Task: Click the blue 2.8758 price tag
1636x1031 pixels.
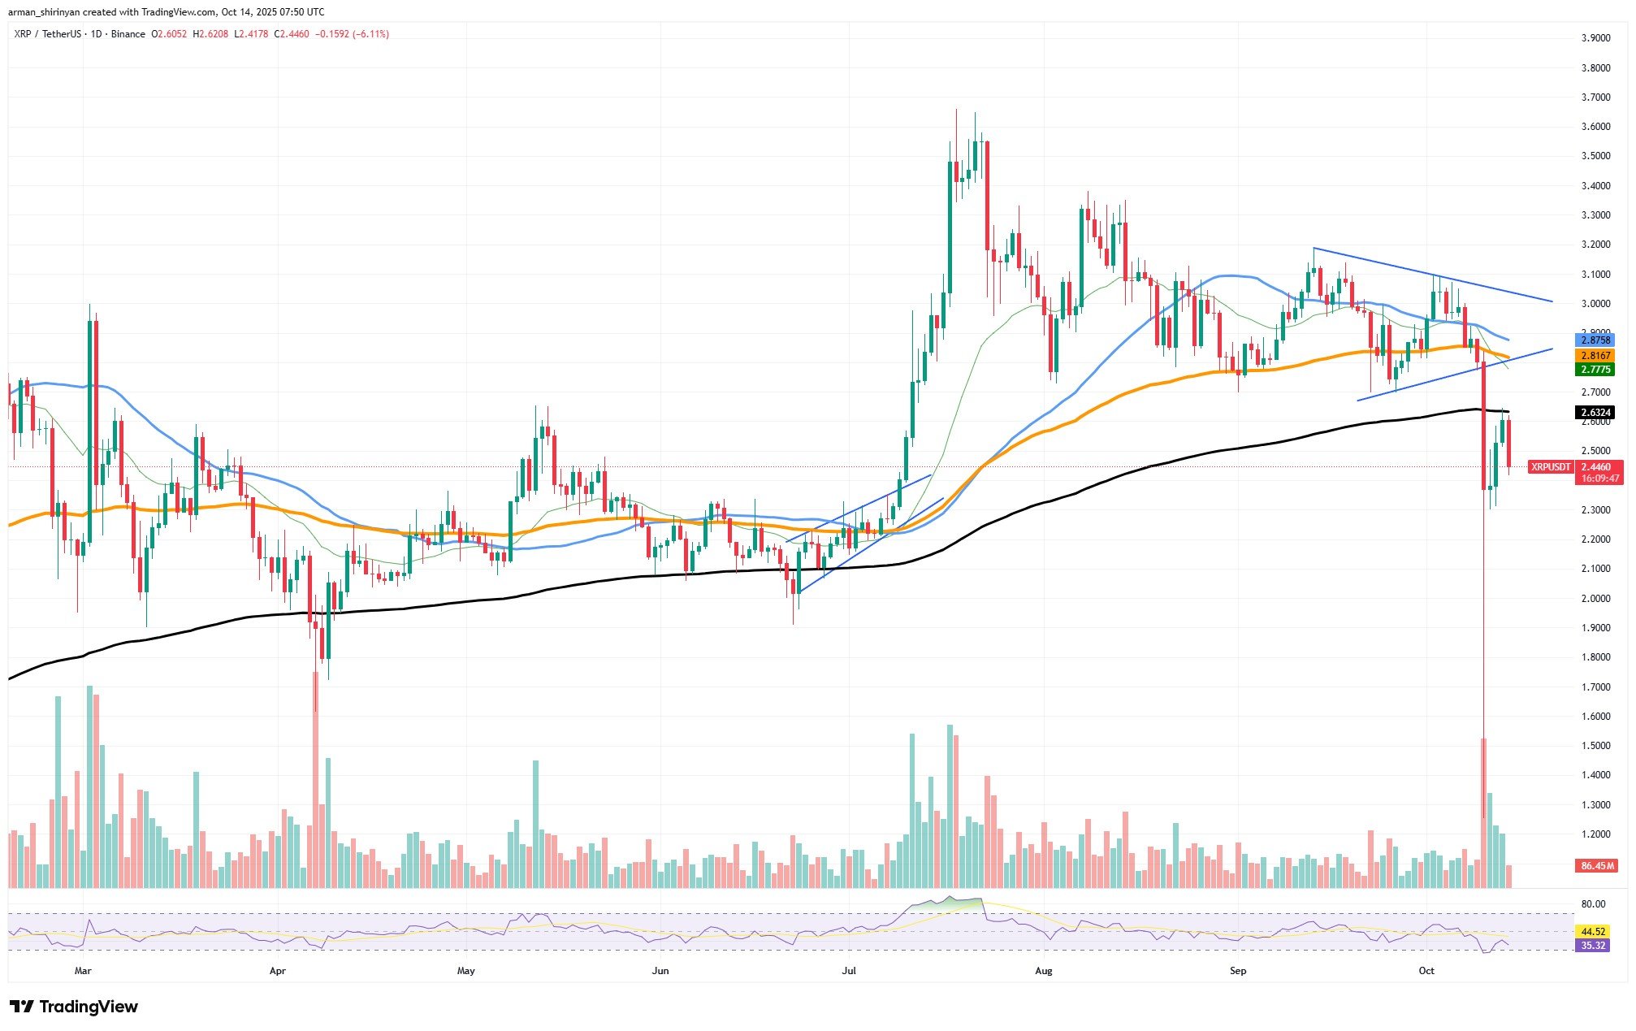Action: click(x=1592, y=340)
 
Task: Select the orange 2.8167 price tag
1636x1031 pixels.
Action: click(x=1592, y=355)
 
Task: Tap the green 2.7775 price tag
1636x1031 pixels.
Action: click(x=1592, y=370)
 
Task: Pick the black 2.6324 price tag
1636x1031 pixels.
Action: click(x=1592, y=413)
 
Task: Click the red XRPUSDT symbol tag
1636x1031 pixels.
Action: click(x=1549, y=467)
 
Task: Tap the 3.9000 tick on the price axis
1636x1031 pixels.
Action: click(x=1596, y=38)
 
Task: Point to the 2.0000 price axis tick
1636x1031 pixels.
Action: click(x=1596, y=599)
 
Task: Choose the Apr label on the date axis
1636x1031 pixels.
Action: click(x=278, y=971)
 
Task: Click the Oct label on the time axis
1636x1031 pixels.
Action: click(x=1426, y=971)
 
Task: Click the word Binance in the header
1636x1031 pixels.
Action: click(x=128, y=34)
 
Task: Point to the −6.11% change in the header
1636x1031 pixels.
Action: click(x=370, y=34)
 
